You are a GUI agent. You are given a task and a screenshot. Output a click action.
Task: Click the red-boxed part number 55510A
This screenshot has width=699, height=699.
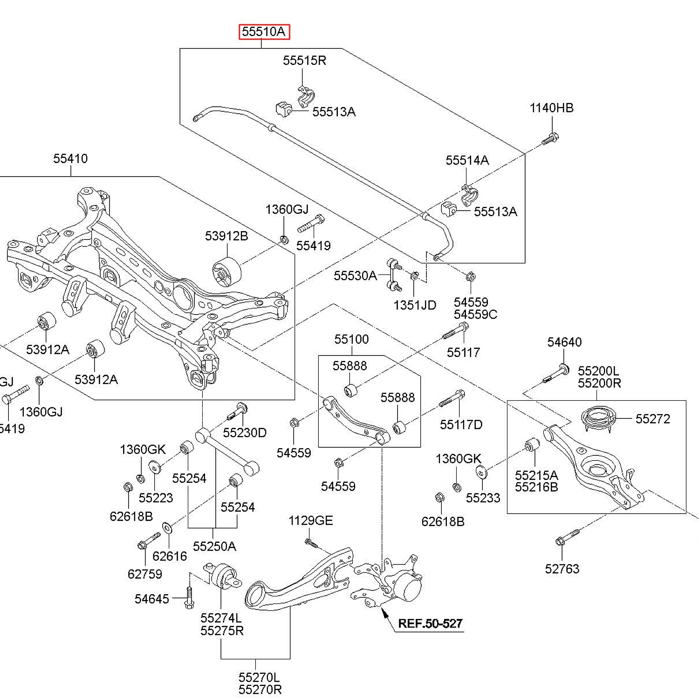click(x=264, y=32)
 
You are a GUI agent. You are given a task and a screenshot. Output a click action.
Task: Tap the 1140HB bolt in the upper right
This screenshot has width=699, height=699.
click(x=550, y=138)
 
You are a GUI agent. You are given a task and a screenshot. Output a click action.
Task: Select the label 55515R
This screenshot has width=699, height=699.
click(x=304, y=60)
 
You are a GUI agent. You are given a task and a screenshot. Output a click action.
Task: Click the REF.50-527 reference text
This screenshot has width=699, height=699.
click(x=430, y=624)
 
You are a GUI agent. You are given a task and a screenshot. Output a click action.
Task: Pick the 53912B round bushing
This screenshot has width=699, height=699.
click(x=226, y=271)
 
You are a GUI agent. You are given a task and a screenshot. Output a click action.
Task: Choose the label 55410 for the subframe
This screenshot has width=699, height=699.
click(x=70, y=158)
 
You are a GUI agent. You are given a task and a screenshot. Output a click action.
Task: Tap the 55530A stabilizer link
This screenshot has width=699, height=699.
click(x=394, y=275)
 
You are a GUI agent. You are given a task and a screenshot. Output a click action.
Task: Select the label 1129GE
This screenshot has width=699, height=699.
click(x=310, y=521)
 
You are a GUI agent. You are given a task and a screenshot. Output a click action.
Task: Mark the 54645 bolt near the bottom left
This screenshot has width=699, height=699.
click(x=189, y=597)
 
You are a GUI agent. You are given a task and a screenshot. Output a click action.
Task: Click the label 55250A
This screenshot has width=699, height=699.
click(x=214, y=546)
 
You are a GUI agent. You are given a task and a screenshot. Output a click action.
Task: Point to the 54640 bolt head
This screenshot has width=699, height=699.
click(x=563, y=370)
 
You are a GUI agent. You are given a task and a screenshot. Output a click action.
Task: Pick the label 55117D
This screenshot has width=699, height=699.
click(x=461, y=425)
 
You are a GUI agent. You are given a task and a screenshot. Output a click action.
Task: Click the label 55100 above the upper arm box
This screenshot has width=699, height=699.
click(x=351, y=339)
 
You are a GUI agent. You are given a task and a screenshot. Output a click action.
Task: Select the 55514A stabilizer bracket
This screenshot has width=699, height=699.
click(x=469, y=195)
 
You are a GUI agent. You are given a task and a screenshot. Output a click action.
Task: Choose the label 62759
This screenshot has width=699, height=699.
click(x=145, y=574)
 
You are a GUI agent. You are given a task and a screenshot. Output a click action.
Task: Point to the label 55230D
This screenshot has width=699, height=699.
click(x=245, y=433)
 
